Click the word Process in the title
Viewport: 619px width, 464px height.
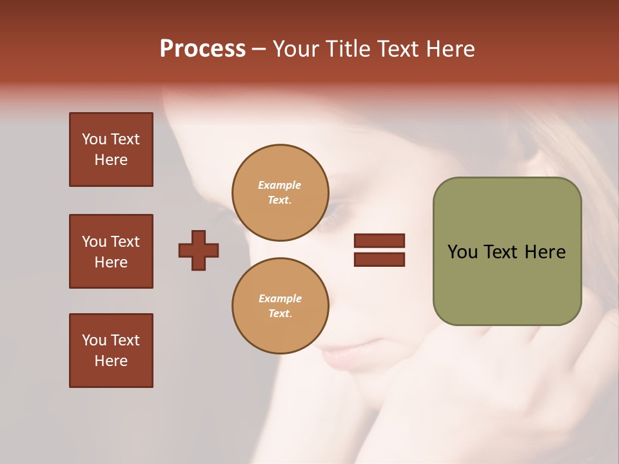[202, 49]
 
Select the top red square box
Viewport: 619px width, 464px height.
[111, 150]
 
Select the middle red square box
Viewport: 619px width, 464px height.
[111, 251]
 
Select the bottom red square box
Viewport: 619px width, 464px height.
[111, 351]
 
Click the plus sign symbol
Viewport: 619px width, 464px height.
[199, 250]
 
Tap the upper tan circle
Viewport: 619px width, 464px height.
[280, 193]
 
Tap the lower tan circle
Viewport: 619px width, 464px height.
[280, 306]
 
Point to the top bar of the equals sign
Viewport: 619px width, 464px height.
[379, 241]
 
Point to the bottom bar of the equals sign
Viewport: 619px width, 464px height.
[379, 259]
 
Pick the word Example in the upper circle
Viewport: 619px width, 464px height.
[279, 185]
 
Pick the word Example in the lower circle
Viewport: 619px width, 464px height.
[280, 298]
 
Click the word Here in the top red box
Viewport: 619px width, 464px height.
[111, 160]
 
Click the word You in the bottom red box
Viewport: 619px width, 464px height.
[94, 340]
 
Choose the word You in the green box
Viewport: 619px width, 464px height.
[462, 252]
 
